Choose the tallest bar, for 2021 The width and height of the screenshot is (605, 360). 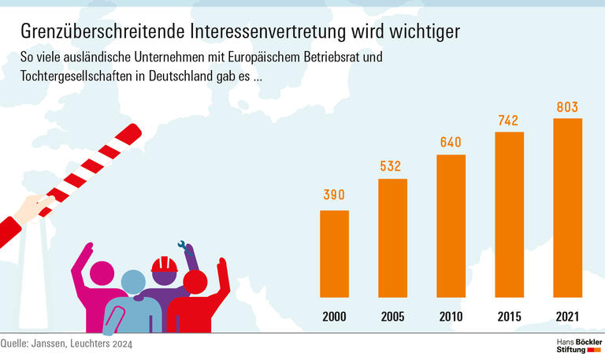(x=567, y=208)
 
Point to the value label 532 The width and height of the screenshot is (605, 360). (x=392, y=166)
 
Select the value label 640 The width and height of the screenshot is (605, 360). (x=451, y=142)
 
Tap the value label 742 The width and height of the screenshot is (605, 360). (x=509, y=120)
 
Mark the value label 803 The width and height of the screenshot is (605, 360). (x=567, y=105)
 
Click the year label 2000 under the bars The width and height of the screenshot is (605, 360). (x=334, y=317)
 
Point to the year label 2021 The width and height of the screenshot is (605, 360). (x=567, y=317)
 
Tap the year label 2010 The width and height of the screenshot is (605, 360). (x=451, y=317)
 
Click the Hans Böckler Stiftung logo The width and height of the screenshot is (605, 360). (x=573, y=344)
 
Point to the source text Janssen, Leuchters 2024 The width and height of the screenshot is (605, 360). (x=87, y=343)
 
